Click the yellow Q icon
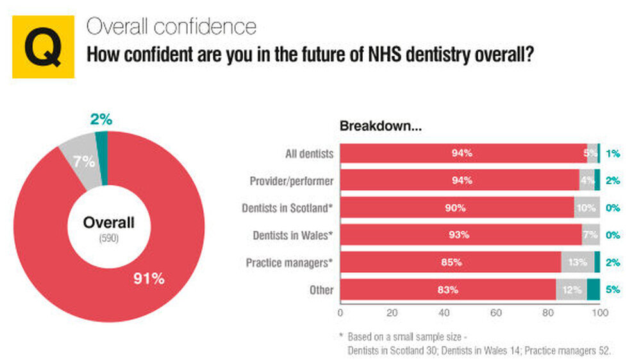pyautogui.click(x=43, y=47)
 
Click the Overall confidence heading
pyautogui.click(x=171, y=26)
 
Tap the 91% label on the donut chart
pyautogui.click(x=149, y=279)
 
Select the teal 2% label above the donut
pyautogui.click(x=101, y=119)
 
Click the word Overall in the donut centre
pyautogui.click(x=109, y=223)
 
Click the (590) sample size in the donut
pyautogui.click(x=109, y=238)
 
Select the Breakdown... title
pyautogui.click(x=380, y=126)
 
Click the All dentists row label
pyautogui.click(x=309, y=154)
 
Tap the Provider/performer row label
pyautogui.click(x=292, y=181)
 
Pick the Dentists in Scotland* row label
pyautogui.click(x=288, y=208)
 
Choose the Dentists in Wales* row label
pyautogui.click(x=292, y=235)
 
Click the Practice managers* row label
pyautogui.click(x=290, y=263)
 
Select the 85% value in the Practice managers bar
pyautogui.click(x=451, y=263)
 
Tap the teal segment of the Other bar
pyautogui.click(x=593, y=290)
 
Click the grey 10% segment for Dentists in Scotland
pyautogui.click(x=587, y=208)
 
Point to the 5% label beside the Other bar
pyautogui.click(x=613, y=290)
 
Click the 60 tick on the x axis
pyautogui.click(x=495, y=313)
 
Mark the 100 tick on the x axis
pyautogui.click(x=599, y=313)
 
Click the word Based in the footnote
pyautogui.click(x=360, y=336)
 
